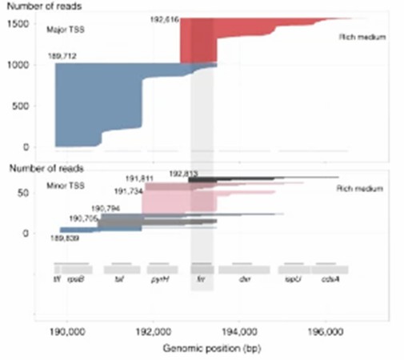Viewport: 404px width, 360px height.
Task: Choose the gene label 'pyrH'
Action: pos(158,281)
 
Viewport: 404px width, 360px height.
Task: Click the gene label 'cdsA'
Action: pos(329,281)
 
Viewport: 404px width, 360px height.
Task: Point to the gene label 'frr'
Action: pos(202,281)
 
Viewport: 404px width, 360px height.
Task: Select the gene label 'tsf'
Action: pos(120,281)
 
